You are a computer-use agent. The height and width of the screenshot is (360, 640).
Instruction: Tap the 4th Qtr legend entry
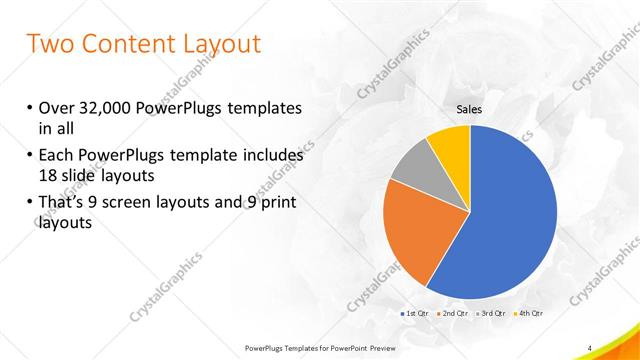[x=530, y=314]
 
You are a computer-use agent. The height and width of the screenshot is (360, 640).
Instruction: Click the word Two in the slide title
[x=50, y=44]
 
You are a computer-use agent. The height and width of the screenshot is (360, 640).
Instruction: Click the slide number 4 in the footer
[x=590, y=347]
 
